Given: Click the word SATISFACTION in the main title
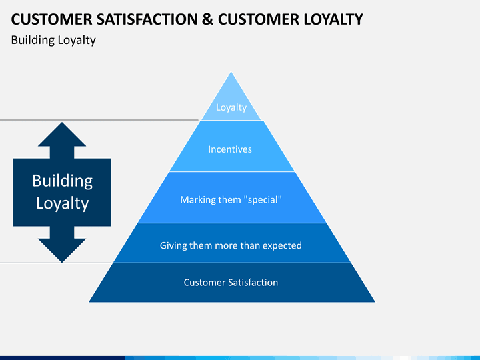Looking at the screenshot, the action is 147,19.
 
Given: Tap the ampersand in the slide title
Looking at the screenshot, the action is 207,19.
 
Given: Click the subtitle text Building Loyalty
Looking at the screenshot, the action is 53,41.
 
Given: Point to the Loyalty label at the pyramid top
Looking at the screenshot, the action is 231,107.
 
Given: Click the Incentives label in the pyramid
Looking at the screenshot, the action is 230,149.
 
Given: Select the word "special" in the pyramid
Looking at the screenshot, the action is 263,200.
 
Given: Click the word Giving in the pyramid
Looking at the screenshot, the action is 173,245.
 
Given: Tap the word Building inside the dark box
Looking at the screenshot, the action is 63,181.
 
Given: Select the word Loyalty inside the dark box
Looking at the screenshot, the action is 63,203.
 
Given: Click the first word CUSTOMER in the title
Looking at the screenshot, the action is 51,19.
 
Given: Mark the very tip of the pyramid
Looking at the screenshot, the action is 231,72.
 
